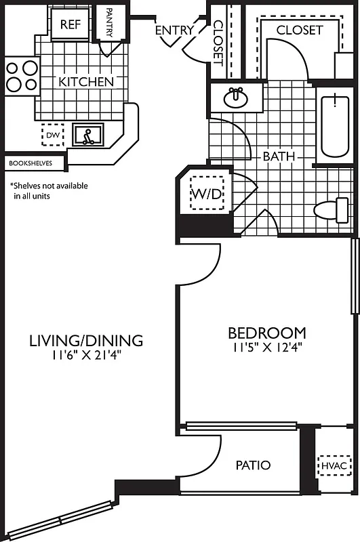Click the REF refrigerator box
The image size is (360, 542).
pyautogui.click(x=71, y=24)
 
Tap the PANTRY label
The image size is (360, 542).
pyautogui.click(x=109, y=25)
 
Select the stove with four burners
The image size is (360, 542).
pyautogui.click(x=22, y=76)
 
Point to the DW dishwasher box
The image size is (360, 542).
pyautogui.click(x=53, y=135)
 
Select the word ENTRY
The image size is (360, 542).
pyautogui.click(x=174, y=30)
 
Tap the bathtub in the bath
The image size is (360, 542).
pyautogui.click(x=335, y=127)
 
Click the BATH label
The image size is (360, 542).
pyautogui.click(x=279, y=157)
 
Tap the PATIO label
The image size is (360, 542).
pyautogui.click(x=254, y=465)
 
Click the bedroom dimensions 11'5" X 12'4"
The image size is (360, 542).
pyautogui.click(x=266, y=348)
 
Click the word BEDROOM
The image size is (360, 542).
pyautogui.click(x=266, y=333)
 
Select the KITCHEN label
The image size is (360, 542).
pyautogui.click(x=86, y=82)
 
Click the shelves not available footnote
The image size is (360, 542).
pyautogui.click(x=48, y=190)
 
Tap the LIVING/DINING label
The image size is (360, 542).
pyautogui.click(x=85, y=340)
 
